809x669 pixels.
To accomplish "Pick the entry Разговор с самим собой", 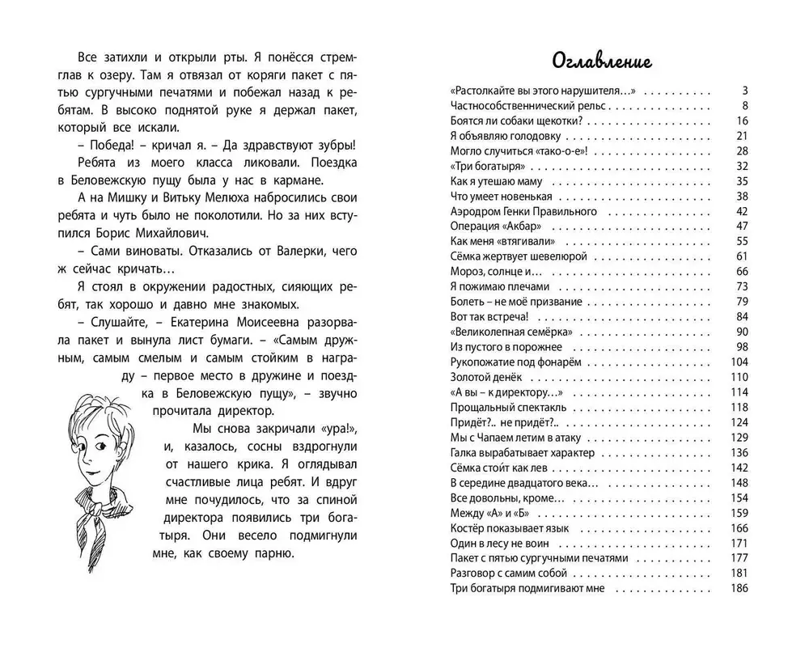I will pos(504,573).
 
